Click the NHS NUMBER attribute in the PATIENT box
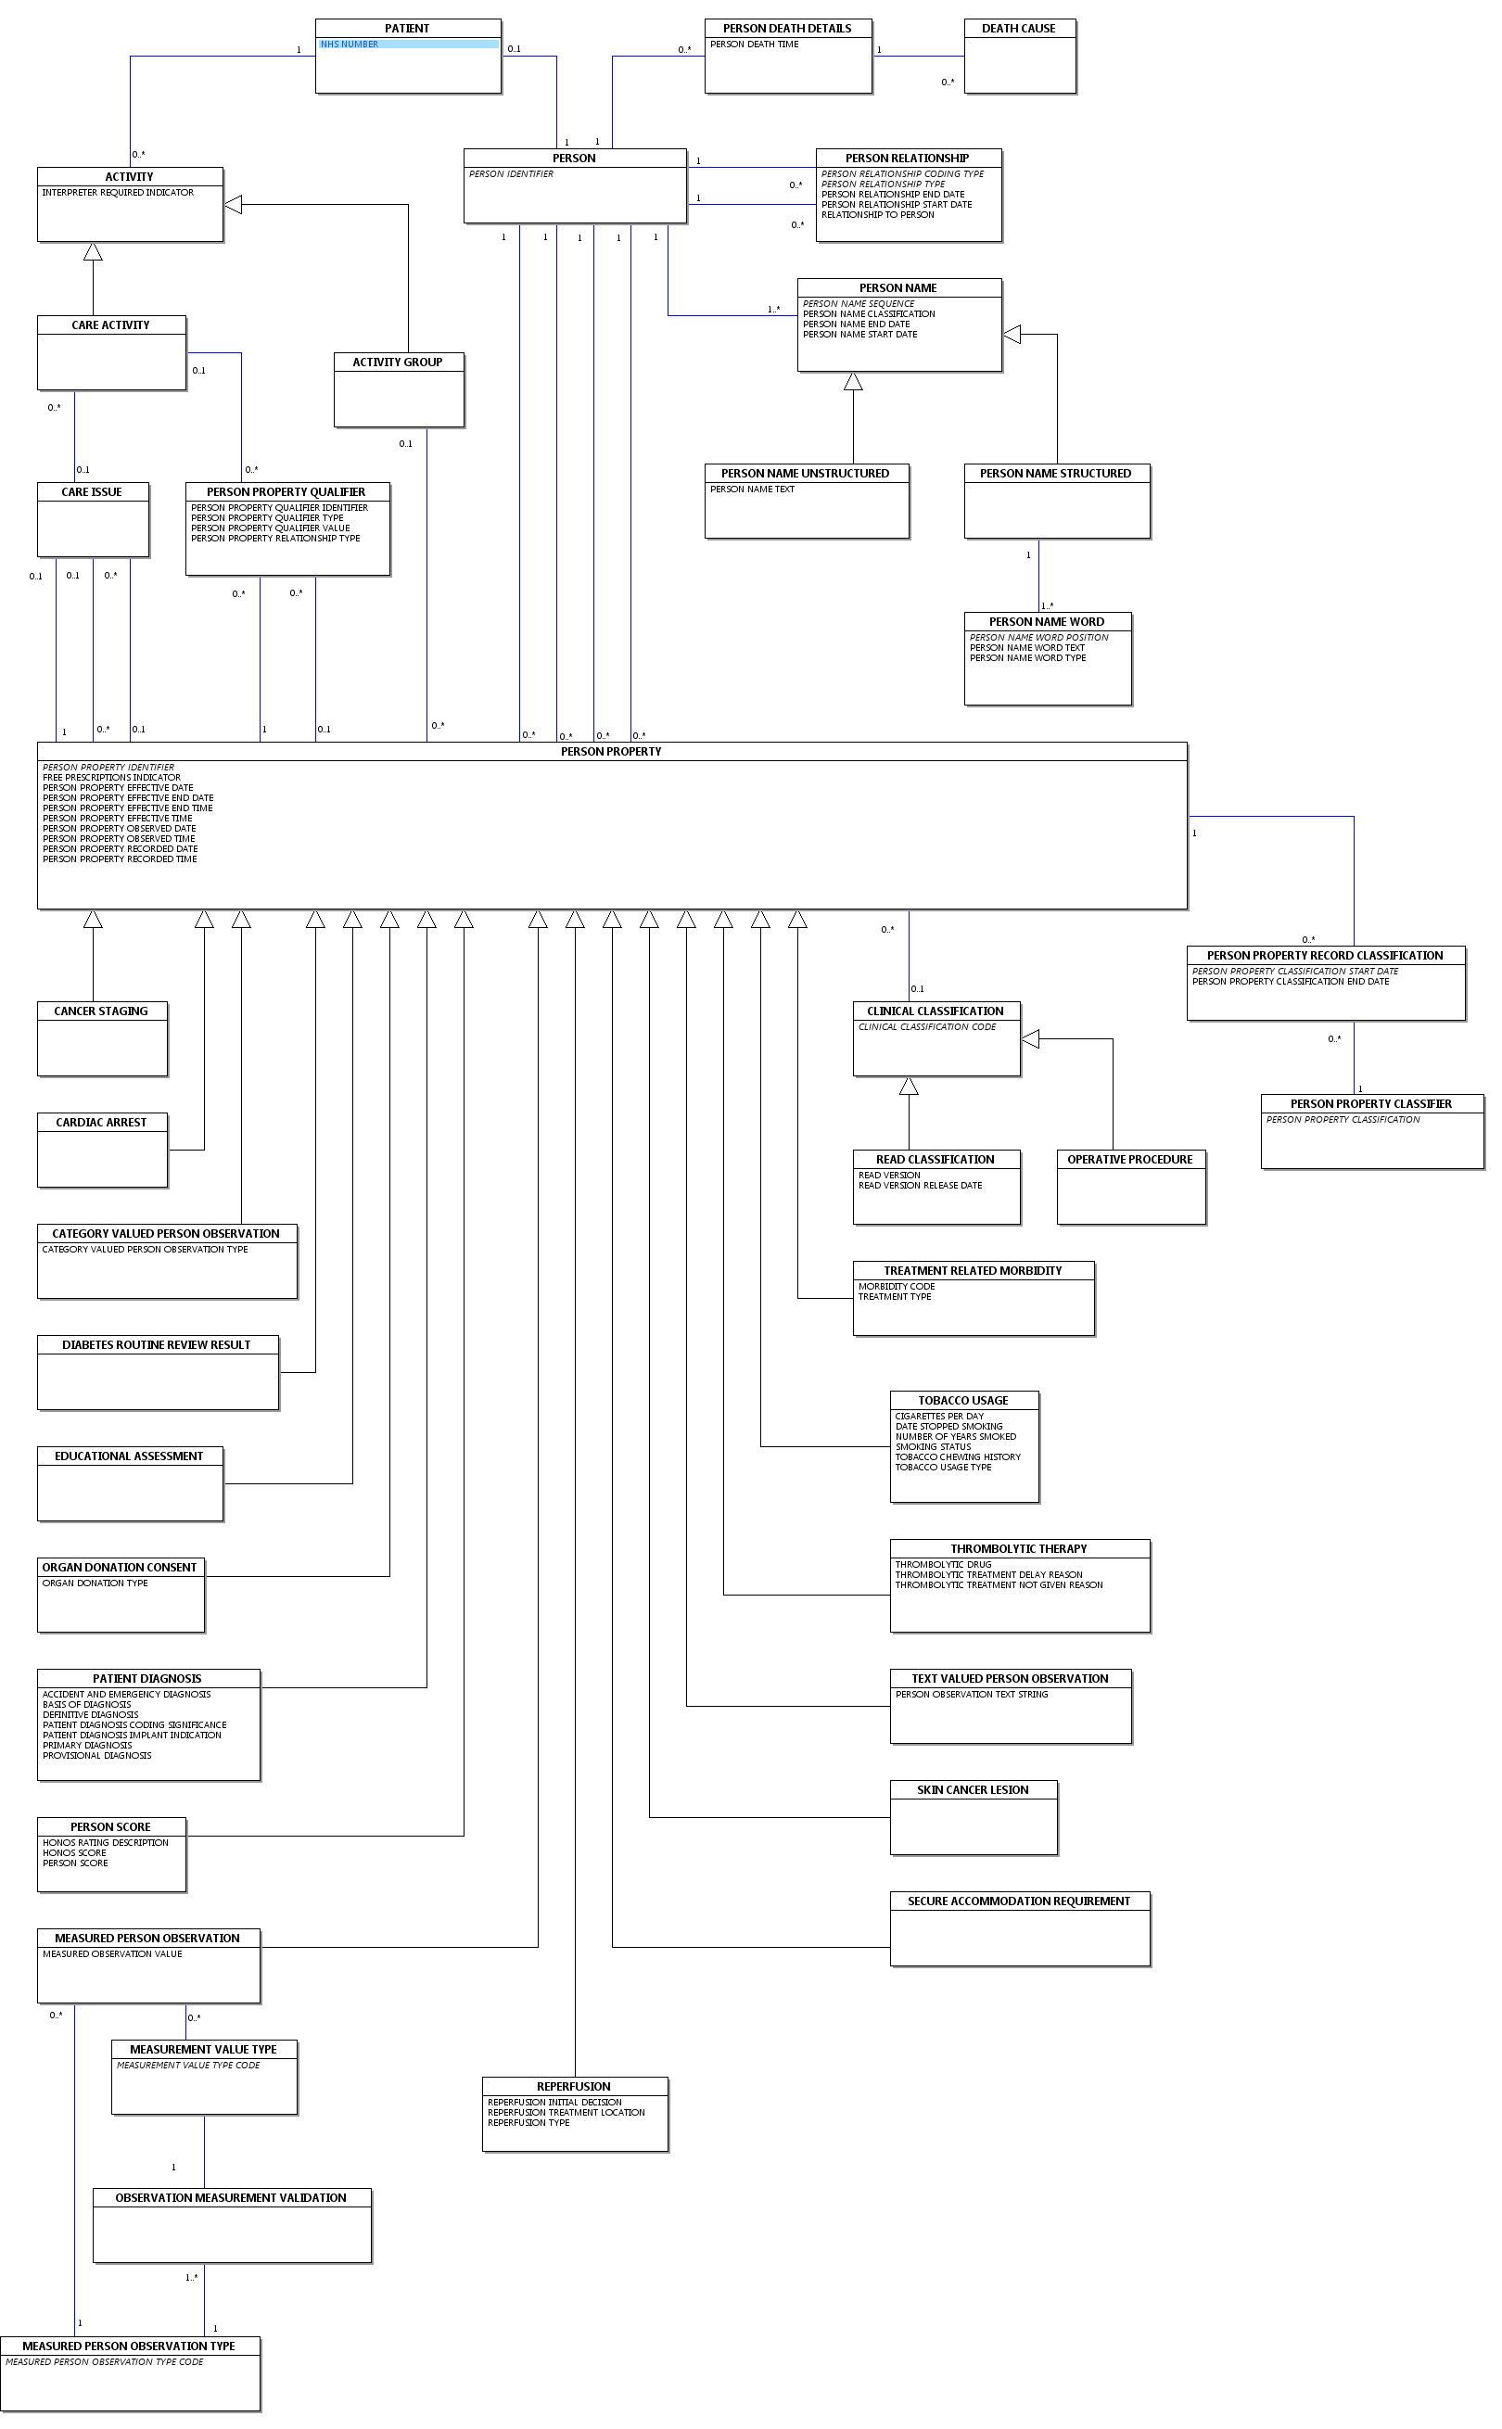click(349, 45)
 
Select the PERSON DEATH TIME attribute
click(754, 45)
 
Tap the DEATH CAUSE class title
click(1018, 29)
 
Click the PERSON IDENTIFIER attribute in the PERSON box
click(511, 173)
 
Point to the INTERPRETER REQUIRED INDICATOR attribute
click(117, 193)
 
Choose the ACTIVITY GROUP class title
click(398, 362)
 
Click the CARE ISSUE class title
click(92, 492)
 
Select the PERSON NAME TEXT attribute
click(752, 490)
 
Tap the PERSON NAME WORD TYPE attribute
click(1027, 658)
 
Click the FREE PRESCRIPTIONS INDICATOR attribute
click(111, 778)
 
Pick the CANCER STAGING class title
click(100, 1011)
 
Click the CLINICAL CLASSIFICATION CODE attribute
click(927, 1028)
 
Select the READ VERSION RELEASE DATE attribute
click(920, 1186)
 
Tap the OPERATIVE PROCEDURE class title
click(1129, 1160)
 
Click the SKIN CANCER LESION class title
click(973, 1790)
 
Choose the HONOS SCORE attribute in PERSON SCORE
click(73, 1853)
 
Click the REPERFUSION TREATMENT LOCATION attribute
click(566, 2113)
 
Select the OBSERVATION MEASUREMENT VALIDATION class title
click(231, 2198)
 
